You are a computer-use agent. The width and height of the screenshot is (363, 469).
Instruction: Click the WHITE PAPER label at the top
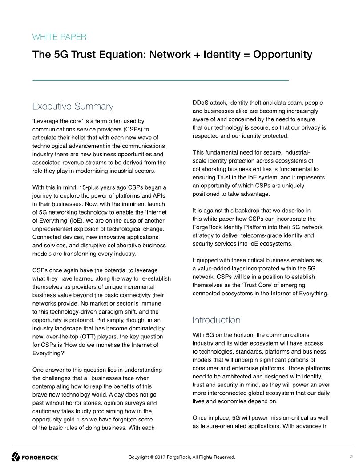(59, 37)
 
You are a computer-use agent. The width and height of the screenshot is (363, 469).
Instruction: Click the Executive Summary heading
(73, 107)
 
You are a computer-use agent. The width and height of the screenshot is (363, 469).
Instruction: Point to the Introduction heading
(216, 320)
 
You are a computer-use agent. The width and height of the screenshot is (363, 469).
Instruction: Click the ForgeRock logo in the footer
(35, 457)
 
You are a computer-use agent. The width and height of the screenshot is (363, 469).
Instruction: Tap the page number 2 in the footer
(351, 457)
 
